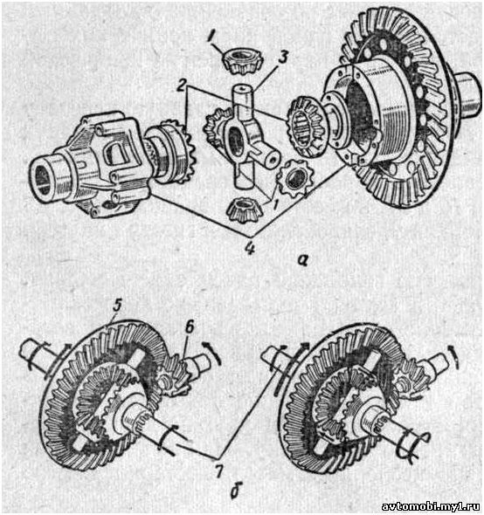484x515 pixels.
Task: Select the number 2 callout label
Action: coord(181,86)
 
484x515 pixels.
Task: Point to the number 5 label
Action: coord(116,306)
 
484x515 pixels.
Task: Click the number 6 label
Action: coord(190,327)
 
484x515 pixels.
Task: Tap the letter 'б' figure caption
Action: coord(234,490)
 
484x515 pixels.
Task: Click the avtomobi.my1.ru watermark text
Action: coord(432,506)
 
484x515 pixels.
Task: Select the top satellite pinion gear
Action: coord(239,60)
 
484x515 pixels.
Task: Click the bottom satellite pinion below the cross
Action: coord(244,209)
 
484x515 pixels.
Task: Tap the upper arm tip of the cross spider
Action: coord(242,89)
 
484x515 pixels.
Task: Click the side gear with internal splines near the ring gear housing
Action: coord(306,127)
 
